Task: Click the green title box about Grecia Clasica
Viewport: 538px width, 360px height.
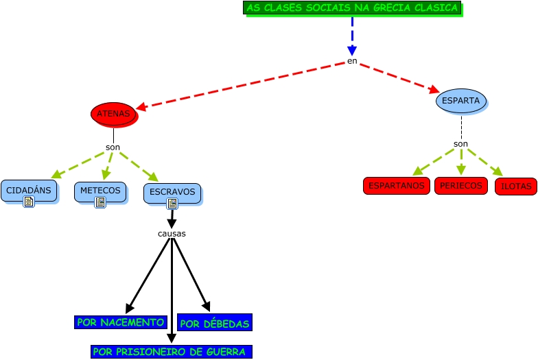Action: [352, 8]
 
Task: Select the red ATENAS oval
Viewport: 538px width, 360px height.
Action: [114, 114]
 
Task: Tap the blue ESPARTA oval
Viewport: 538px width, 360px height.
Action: [460, 101]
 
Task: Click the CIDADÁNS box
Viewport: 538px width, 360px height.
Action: [28, 190]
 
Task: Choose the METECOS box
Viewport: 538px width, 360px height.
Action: [100, 190]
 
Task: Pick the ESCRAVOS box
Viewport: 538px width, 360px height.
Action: [172, 192]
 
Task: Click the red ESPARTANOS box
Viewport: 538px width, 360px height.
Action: [396, 185]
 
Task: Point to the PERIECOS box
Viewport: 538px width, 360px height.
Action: [460, 185]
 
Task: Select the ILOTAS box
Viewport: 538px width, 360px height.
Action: [515, 186]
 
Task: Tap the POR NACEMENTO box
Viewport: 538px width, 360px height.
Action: [121, 322]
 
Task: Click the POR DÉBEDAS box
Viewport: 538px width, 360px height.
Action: [214, 323]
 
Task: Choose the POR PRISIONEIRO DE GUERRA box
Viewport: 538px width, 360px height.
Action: [172, 352]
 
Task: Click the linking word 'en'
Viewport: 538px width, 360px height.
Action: [352, 61]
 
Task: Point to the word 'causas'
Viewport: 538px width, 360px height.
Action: [172, 233]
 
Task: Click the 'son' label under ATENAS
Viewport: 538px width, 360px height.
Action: [113, 147]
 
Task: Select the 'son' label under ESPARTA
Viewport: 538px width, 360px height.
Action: [460, 144]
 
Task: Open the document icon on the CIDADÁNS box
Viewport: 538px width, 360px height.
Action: [29, 202]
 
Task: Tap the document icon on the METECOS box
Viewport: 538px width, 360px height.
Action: [100, 202]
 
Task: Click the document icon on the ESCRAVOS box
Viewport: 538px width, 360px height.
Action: [172, 204]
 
